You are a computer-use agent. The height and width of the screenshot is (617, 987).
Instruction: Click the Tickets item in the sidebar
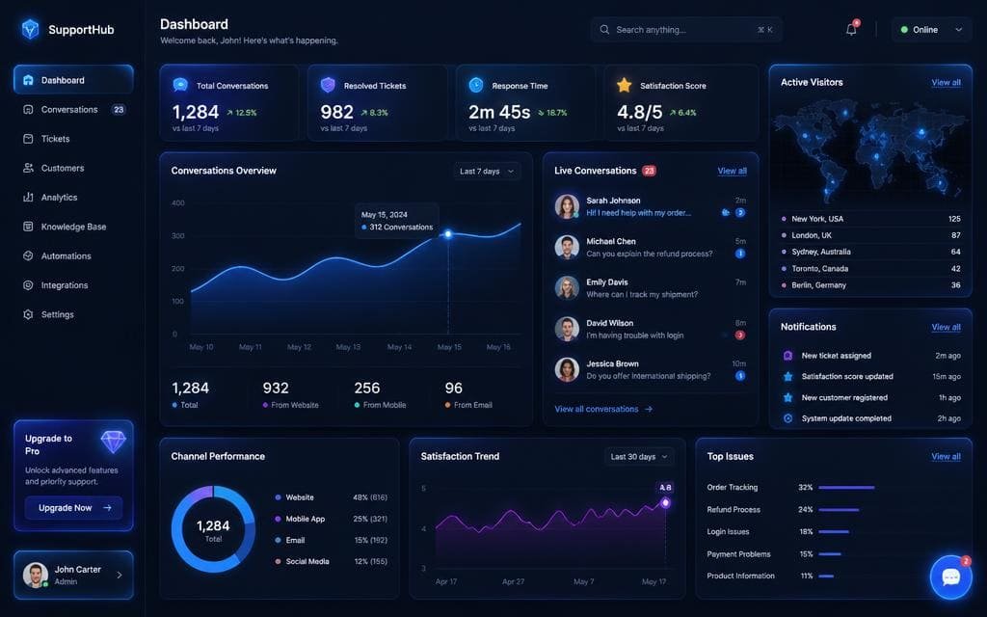[x=55, y=139]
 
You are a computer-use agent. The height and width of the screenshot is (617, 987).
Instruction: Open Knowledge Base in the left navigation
[x=73, y=227]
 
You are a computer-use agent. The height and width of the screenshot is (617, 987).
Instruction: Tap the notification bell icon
[x=851, y=30]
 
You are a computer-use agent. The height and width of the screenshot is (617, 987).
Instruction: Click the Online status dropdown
[x=932, y=30]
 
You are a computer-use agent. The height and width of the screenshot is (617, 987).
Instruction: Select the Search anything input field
[x=686, y=30]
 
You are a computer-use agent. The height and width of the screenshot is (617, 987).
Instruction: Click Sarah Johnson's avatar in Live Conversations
[x=567, y=206]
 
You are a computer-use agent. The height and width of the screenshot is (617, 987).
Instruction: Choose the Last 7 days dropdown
[x=487, y=172]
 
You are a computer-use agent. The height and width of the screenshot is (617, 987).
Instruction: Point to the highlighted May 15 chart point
[x=448, y=234]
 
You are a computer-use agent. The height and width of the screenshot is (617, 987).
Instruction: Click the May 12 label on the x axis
[x=299, y=347]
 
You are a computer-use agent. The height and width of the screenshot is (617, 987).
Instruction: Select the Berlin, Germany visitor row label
[x=819, y=285]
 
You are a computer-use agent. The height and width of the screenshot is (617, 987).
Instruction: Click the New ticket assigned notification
[x=837, y=356]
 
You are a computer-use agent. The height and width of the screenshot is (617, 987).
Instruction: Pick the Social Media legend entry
[x=307, y=562]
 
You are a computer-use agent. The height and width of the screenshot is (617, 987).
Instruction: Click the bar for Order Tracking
[x=846, y=487]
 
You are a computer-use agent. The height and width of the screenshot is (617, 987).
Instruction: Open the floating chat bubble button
[x=950, y=577]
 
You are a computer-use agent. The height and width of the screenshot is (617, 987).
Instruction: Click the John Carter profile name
[x=77, y=569]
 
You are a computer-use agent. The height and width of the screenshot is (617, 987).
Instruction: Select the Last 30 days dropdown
[x=639, y=456]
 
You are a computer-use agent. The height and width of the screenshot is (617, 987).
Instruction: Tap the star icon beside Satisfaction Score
[x=624, y=85]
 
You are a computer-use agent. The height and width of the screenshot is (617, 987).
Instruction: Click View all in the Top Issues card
[x=946, y=456]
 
